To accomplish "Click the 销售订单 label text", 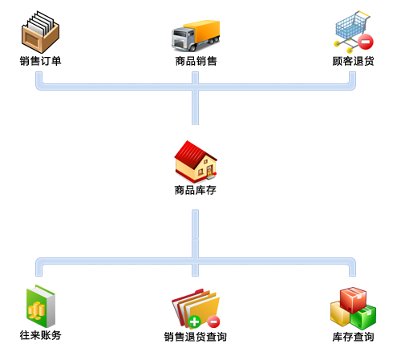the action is point(40,61).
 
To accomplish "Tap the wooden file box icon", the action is point(40,32).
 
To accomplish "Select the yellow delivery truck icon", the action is point(196,35).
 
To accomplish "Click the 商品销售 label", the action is point(196,61).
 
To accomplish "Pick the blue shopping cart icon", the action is point(353,31).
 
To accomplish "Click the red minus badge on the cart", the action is point(366,42).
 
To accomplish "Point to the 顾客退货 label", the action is point(353,61).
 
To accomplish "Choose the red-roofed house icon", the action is point(196,161).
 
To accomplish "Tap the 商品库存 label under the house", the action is point(195,190).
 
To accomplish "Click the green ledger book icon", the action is point(41,306).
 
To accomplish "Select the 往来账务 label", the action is point(40,335).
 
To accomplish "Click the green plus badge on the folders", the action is point(194,322).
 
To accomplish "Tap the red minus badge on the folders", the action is point(213,322).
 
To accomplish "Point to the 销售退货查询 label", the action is point(195,337).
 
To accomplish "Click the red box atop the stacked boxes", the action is point(353,300).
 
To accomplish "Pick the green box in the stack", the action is point(363,318).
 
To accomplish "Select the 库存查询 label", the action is point(353,337).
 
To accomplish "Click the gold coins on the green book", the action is point(36,311).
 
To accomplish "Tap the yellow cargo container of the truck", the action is point(202,31).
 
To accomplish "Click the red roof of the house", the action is point(193,152).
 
